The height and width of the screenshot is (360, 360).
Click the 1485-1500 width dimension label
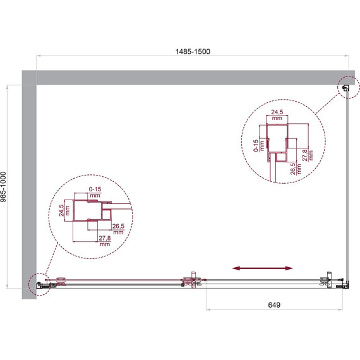[x=193, y=51]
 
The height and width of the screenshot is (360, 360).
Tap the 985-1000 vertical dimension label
[x=3, y=187]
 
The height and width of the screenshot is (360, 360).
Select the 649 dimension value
[x=274, y=305]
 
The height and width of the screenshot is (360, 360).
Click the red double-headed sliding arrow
[x=263, y=268]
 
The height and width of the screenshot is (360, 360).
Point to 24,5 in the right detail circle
[x=277, y=112]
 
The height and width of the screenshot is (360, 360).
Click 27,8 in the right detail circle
[x=304, y=155]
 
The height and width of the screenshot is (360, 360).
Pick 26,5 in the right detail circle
[x=292, y=169]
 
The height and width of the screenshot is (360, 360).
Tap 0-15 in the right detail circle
[x=256, y=146]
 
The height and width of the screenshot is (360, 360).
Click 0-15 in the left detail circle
[x=95, y=189]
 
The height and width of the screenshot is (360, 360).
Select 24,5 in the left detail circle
[x=61, y=210]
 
